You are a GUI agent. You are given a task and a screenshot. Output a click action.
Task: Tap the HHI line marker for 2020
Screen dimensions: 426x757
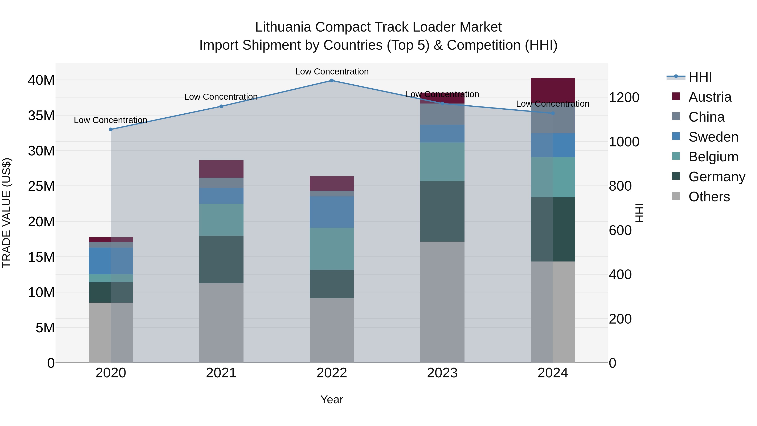pos(111,129)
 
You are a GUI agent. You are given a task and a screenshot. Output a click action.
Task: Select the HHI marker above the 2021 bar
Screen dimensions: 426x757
pos(221,106)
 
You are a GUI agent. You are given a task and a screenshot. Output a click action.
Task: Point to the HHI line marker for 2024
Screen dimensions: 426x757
pos(553,113)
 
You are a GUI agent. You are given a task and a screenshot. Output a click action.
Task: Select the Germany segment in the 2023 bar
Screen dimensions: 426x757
pos(442,211)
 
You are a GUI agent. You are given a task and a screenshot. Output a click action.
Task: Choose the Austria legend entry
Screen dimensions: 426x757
pos(710,97)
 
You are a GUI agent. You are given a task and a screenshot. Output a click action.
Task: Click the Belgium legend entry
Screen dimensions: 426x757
pos(713,157)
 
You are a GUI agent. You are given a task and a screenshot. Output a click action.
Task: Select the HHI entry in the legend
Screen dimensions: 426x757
pos(700,77)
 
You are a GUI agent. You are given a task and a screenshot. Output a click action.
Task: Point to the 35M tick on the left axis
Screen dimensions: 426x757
pos(41,115)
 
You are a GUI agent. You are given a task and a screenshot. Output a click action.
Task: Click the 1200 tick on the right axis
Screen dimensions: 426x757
pos(624,97)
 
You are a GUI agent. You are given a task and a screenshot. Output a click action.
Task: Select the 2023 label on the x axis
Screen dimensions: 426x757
pos(442,373)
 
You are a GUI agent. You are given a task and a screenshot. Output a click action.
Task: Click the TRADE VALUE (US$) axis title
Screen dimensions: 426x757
pos(7,213)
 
